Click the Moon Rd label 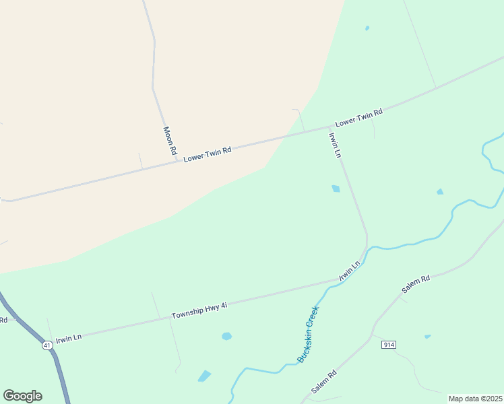coord(169,140)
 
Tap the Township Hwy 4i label coord(199,310)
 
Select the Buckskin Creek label coord(307,335)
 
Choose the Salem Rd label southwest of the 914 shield coord(323,382)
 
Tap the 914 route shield coord(388,345)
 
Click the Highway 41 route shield coord(46,345)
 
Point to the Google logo coord(22,396)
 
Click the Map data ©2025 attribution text coord(475,399)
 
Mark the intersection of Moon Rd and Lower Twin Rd coord(177,160)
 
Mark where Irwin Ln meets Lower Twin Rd coord(329,127)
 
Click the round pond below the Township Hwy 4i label coord(226,336)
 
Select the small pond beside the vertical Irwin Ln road coord(336,189)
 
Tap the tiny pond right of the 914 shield coord(427,336)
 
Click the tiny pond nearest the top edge coord(367,28)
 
